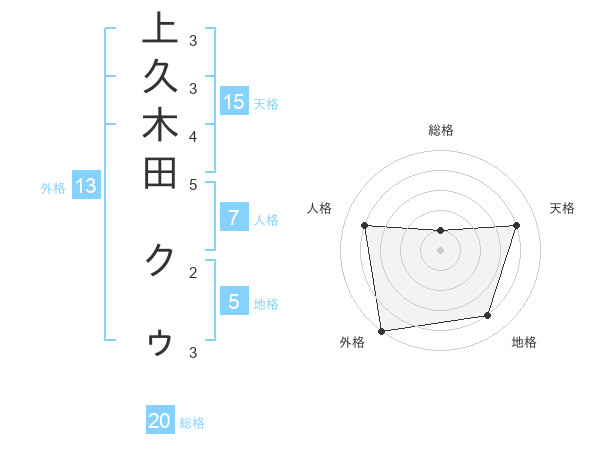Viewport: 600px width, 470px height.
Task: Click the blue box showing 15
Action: (234, 101)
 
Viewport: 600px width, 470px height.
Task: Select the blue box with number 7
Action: (234, 218)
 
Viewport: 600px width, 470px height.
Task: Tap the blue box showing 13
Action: (86, 185)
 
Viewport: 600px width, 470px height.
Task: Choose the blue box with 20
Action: (160, 421)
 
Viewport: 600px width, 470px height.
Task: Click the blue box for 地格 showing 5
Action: (234, 301)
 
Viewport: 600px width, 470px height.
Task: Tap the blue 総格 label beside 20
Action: (192, 423)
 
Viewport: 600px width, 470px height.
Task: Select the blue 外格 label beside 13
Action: (53, 187)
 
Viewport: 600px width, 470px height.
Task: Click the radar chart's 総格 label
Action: (441, 130)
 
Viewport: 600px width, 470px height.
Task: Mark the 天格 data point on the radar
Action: (516, 225)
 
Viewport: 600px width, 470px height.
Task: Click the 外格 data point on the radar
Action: (381, 330)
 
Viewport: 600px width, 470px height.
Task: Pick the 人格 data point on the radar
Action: (364, 225)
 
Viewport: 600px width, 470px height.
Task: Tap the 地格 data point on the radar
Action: (488, 316)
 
